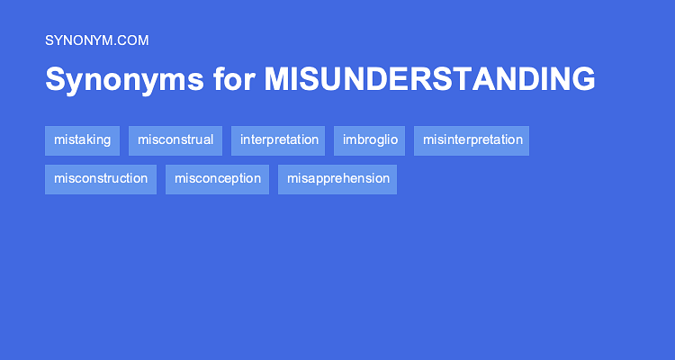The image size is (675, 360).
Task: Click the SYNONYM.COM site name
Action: pyautogui.click(x=96, y=40)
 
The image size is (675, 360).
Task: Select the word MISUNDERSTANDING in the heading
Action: pyautogui.click(x=429, y=79)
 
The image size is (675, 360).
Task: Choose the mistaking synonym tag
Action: pyautogui.click(x=82, y=140)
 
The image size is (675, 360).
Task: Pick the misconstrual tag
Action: pyautogui.click(x=175, y=140)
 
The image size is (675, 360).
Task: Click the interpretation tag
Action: pyautogui.click(x=279, y=140)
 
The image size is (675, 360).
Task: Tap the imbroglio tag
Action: pyautogui.click(x=370, y=140)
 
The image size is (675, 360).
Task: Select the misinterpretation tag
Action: pyautogui.click(x=472, y=140)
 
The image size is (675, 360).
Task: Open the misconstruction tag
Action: pyautogui.click(x=101, y=179)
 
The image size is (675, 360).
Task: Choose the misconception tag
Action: pyautogui.click(x=218, y=179)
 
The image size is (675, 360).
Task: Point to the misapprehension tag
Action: pyautogui.click(x=337, y=179)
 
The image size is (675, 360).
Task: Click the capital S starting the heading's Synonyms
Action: pyautogui.click(x=55, y=79)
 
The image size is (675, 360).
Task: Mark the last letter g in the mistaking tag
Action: pyautogui.click(x=106, y=141)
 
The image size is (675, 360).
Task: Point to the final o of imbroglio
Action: pyautogui.click(x=393, y=140)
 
